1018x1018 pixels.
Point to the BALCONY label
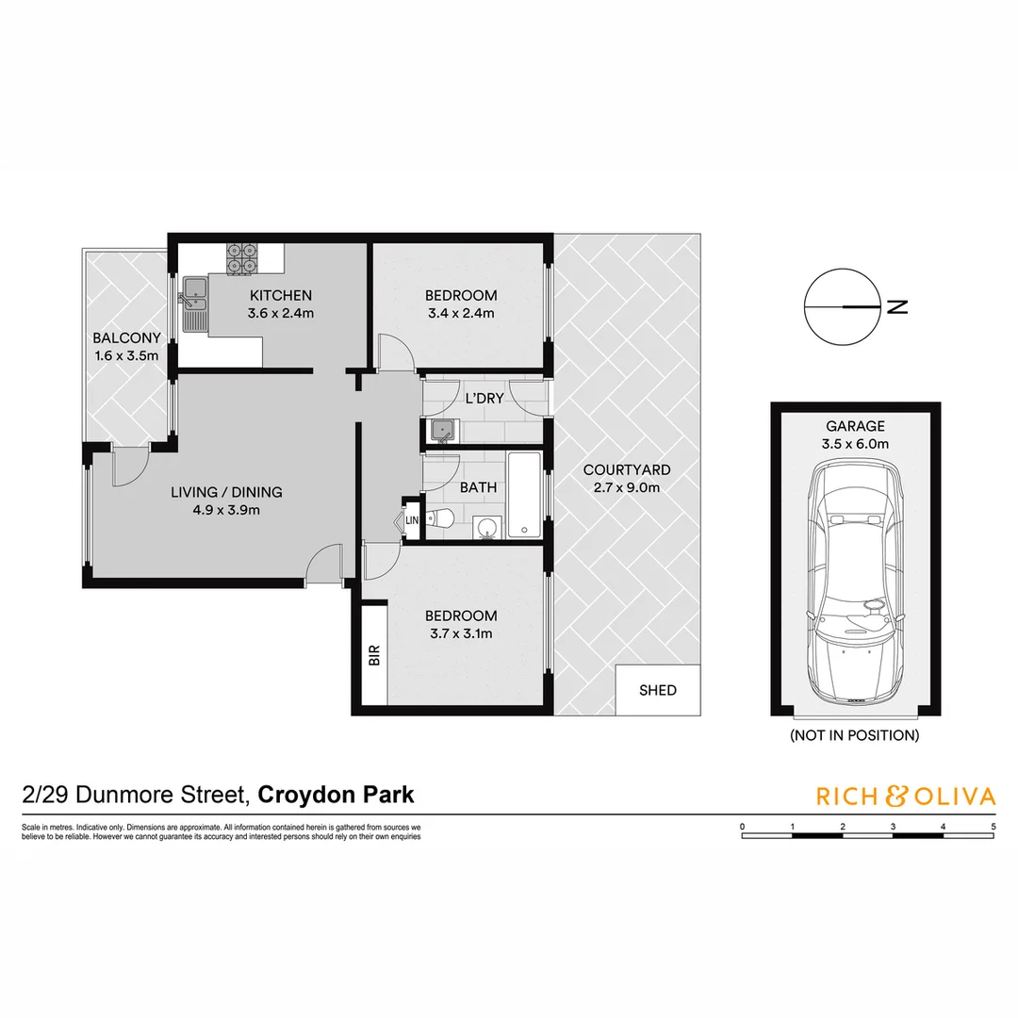pyautogui.click(x=126, y=338)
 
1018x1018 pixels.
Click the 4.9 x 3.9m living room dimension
pyautogui.click(x=226, y=510)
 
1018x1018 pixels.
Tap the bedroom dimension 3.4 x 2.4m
pyautogui.click(x=460, y=313)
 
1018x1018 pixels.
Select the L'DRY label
pyautogui.click(x=484, y=399)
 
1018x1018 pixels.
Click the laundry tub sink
pyautogui.click(x=441, y=432)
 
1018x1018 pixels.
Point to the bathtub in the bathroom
pyautogui.click(x=524, y=495)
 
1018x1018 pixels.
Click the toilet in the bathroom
pyautogui.click(x=439, y=517)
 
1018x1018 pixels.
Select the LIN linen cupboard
pyautogui.click(x=411, y=519)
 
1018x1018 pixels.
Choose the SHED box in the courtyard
pyautogui.click(x=658, y=690)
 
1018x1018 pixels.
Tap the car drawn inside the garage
pyautogui.click(x=854, y=584)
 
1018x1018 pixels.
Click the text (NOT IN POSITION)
pyautogui.click(x=854, y=735)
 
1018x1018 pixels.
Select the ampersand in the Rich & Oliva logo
pyautogui.click(x=895, y=796)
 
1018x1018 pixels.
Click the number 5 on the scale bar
pyautogui.click(x=993, y=827)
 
